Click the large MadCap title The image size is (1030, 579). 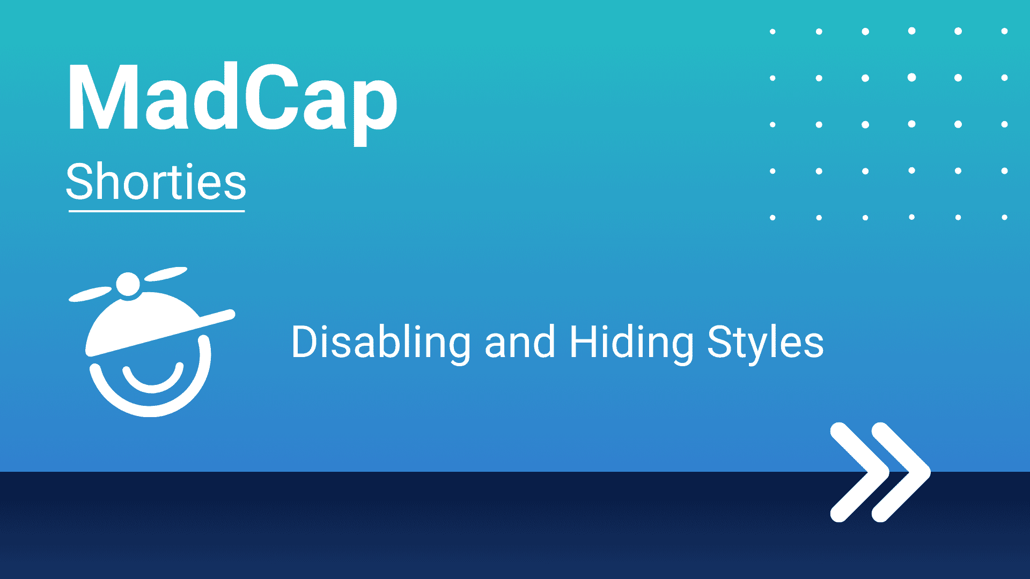tap(232, 102)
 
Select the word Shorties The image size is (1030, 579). tap(156, 182)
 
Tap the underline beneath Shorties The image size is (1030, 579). tap(157, 211)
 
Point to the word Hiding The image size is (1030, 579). tap(631, 343)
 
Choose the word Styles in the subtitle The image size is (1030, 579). tap(766, 343)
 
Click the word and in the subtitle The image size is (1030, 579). tap(520, 343)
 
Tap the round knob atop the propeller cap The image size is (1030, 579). tap(128, 284)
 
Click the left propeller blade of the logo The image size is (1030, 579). tap(90, 294)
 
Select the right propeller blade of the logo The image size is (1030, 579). tap(166, 274)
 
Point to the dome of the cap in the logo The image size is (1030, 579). tap(143, 322)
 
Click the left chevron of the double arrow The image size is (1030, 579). tap(859, 472)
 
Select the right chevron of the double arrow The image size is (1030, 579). tap(901, 472)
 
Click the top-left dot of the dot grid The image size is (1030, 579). tap(772, 32)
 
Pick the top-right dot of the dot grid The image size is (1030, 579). tap(1004, 31)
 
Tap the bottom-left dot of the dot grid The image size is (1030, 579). tap(772, 218)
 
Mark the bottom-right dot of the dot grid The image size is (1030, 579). tap(1004, 217)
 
